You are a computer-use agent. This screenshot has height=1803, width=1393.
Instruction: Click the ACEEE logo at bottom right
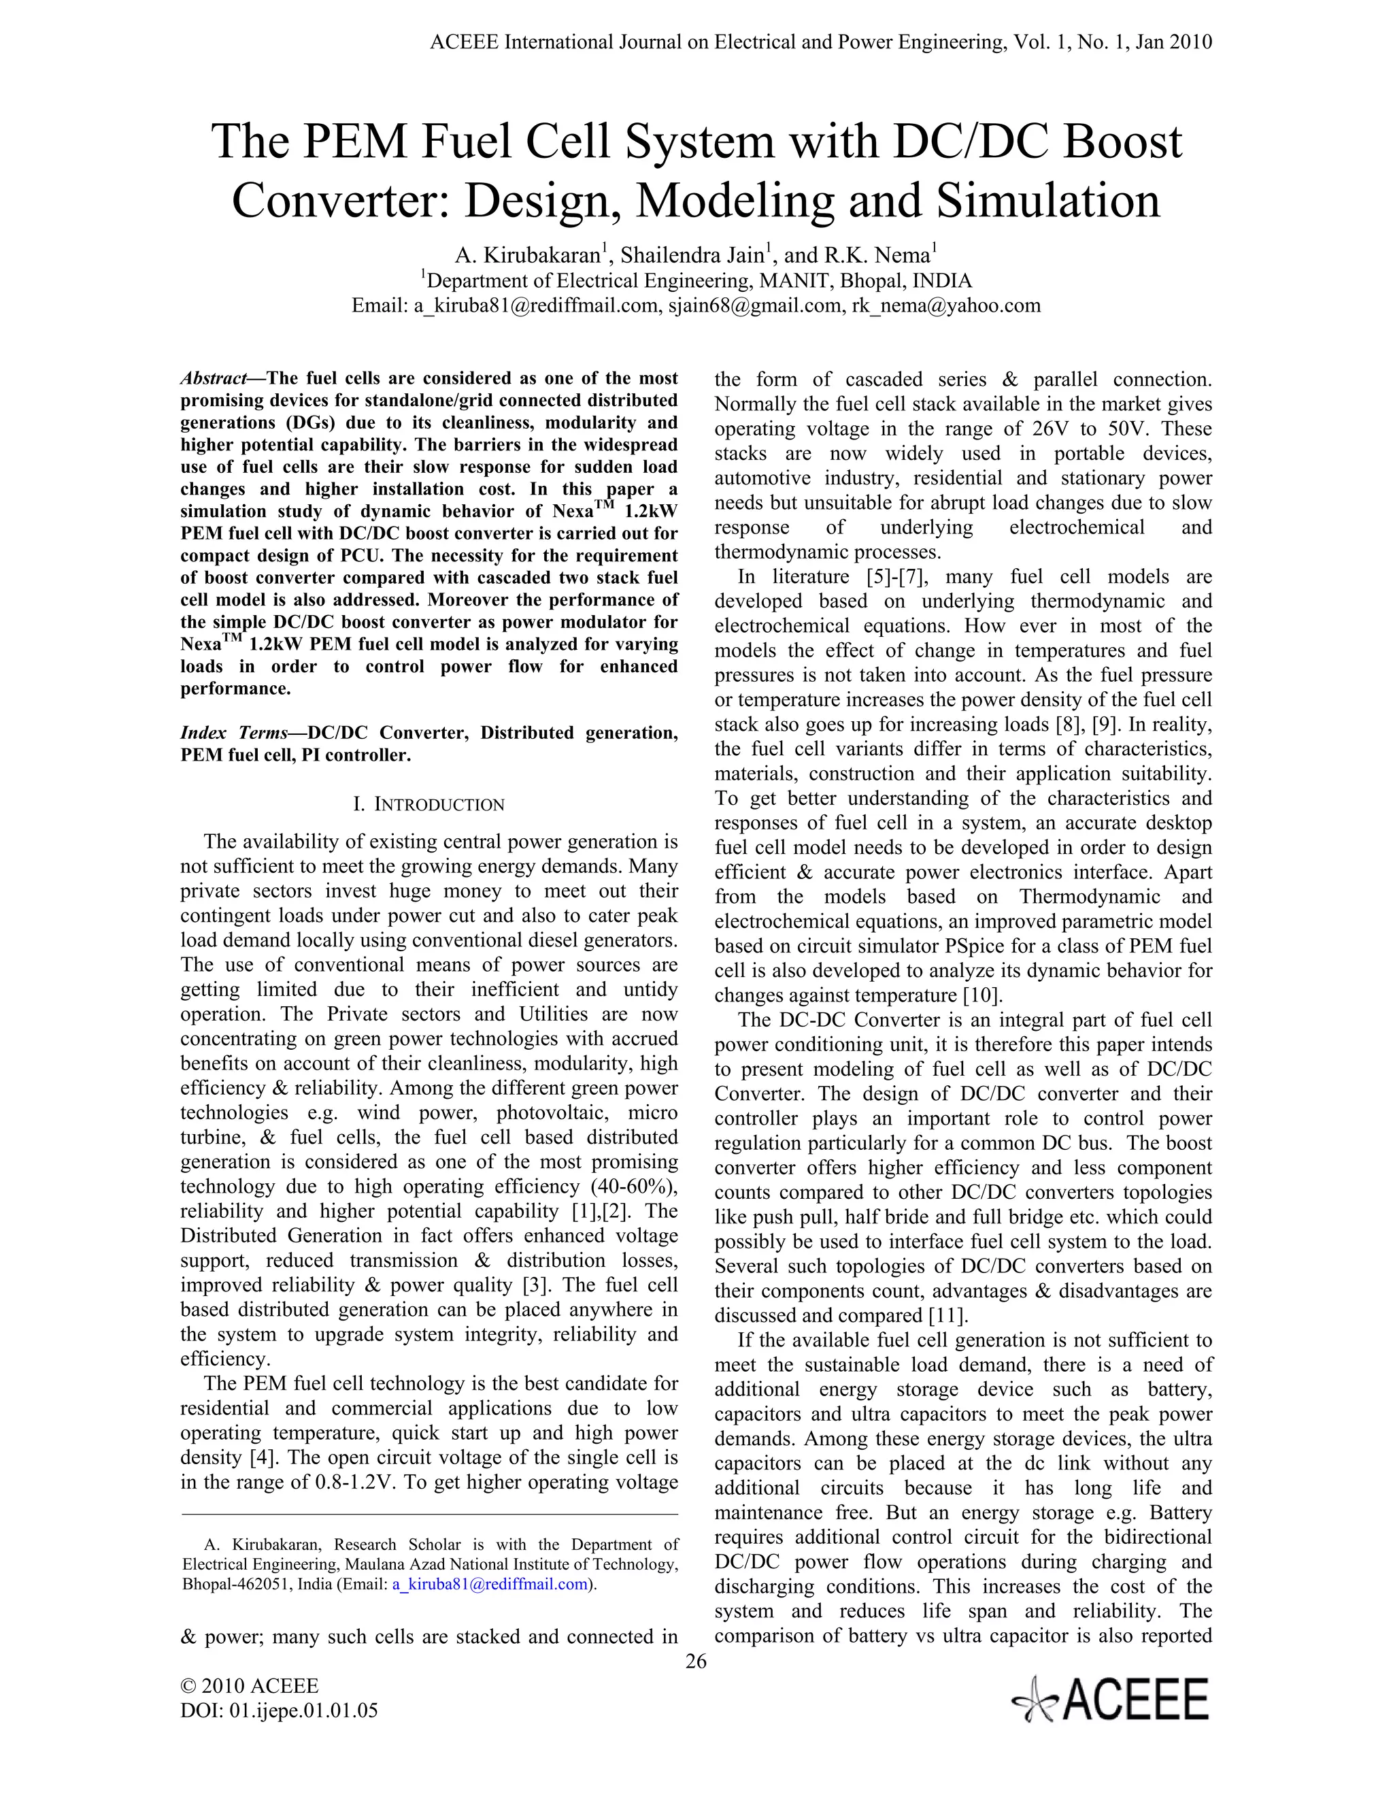(x=1110, y=1699)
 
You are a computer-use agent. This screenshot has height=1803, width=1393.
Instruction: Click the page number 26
(x=696, y=1661)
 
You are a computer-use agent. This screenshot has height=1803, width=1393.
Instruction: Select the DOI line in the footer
(x=279, y=1710)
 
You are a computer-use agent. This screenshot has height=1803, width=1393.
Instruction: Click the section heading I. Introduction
(x=429, y=804)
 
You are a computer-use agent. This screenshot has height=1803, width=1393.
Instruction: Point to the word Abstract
(x=213, y=379)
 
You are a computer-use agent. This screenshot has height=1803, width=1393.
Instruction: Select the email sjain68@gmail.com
(x=756, y=305)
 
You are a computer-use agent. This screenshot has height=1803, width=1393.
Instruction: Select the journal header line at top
(x=820, y=42)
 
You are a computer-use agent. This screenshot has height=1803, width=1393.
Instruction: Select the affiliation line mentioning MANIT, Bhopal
(x=696, y=281)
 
